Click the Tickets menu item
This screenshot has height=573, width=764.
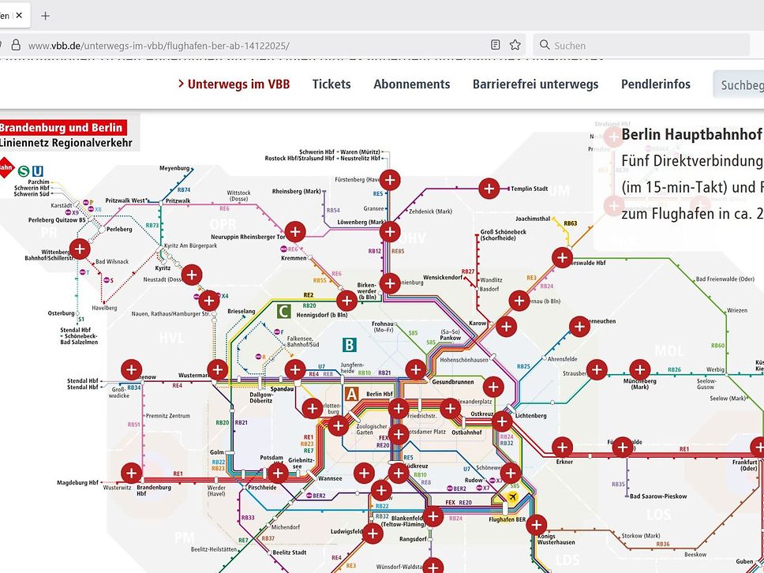pyautogui.click(x=331, y=84)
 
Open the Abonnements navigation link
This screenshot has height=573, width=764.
pyautogui.click(x=411, y=84)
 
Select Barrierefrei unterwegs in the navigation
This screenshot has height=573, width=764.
pyautogui.click(x=535, y=84)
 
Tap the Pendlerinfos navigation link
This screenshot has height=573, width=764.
pyautogui.click(x=655, y=84)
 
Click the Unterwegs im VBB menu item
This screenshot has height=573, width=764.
pyautogui.click(x=234, y=84)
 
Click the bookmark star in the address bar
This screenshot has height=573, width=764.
pyautogui.click(x=515, y=45)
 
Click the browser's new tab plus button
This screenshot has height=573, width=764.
pyautogui.click(x=45, y=16)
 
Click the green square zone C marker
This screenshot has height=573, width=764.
pyautogui.click(x=283, y=311)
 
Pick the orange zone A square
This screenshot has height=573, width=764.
pyautogui.click(x=353, y=394)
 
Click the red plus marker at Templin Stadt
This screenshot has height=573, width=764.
pyautogui.click(x=489, y=189)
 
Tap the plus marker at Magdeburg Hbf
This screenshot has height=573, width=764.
pyautogui.click(x=131, y=473)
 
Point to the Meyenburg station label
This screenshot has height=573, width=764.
pyautogui.click(x=174, y=168)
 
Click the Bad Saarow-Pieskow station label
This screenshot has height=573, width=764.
pyautogui.click(x=658, y=496)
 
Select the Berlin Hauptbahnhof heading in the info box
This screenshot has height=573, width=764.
pyautogui.click(x=691, y=134)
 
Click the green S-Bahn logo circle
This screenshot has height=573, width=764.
pyautogui.click(x=24, y=169)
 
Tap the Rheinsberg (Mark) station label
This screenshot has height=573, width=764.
pyautogui.click(x=297, y=191)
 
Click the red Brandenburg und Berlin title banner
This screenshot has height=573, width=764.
pyautogui.click(x=62, y=128)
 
